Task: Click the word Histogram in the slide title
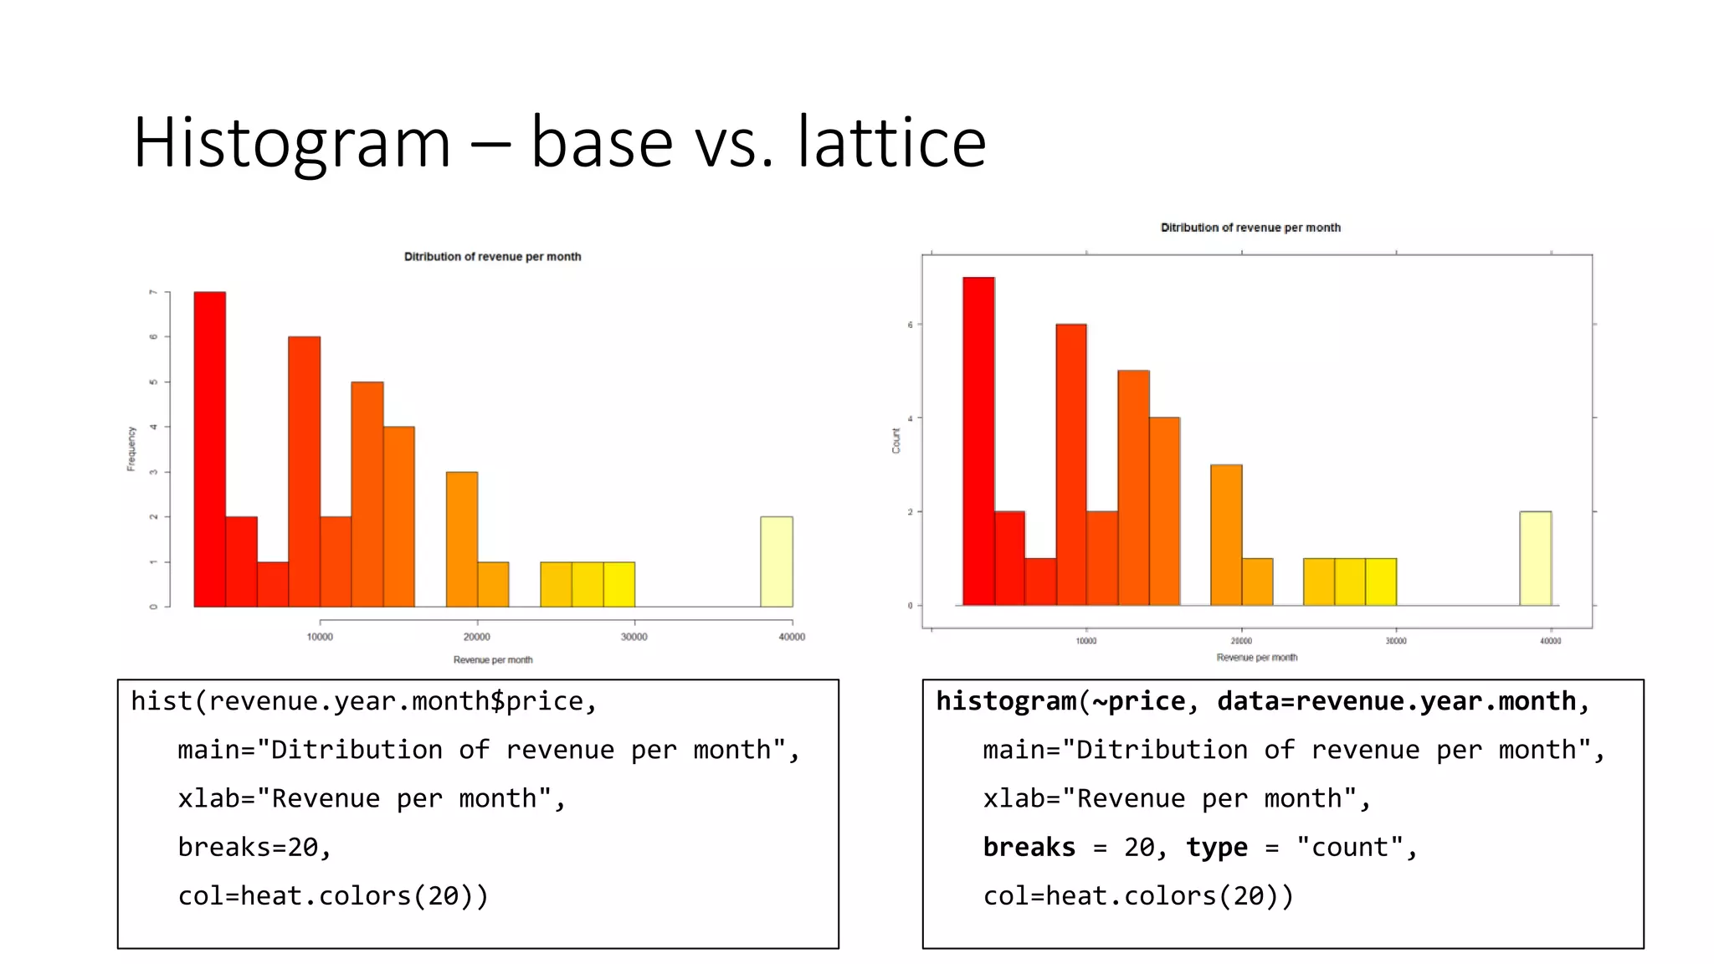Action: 292,143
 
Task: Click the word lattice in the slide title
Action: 892,143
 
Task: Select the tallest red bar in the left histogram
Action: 209,449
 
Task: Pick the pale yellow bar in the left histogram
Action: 776,561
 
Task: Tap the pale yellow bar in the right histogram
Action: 1535,558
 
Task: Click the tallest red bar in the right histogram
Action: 978,441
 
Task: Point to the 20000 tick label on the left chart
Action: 477,637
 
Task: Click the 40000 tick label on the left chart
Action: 792,637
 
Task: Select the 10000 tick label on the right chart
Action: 1086,641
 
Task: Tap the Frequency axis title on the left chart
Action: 131,449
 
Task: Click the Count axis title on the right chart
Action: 895,440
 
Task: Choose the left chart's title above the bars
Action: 492,257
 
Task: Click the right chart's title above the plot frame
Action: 1250,228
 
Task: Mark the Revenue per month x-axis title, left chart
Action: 493,660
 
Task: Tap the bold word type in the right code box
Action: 1216,848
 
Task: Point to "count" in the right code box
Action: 1349,848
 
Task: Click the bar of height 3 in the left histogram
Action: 462,539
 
